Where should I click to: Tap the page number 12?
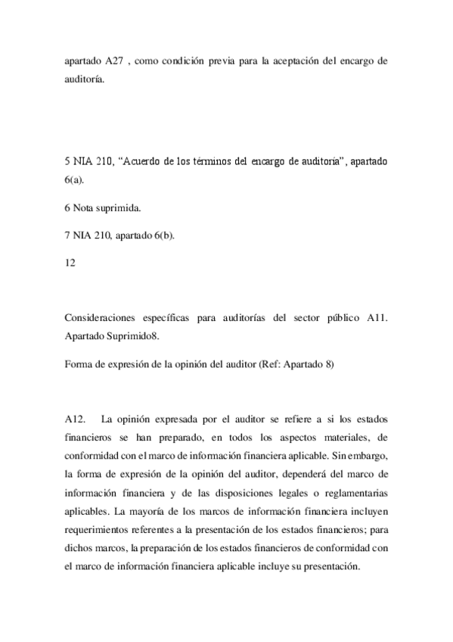point(71,264)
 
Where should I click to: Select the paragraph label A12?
point(76,419)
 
